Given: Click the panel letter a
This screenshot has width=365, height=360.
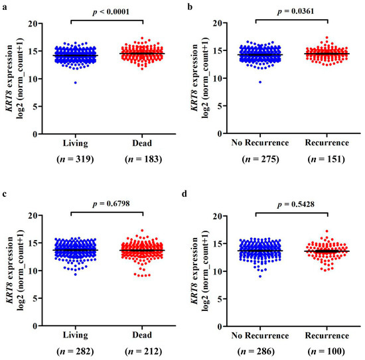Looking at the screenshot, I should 4,5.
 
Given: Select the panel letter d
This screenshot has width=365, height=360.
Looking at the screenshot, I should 190,196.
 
